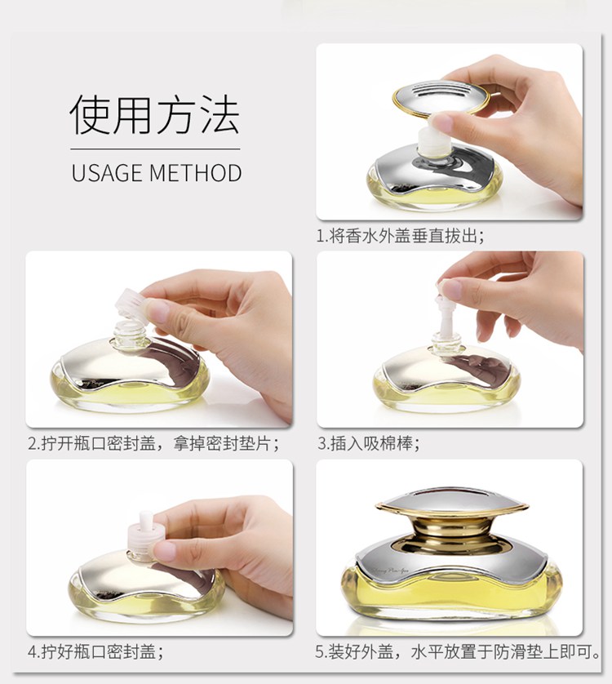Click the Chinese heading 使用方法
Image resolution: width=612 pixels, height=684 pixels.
coord(154,114)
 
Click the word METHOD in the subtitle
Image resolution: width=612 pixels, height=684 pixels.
coord(195,172)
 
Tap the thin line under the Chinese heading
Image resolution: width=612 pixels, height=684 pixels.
coord(155,149)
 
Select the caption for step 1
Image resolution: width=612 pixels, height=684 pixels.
coord(400,236)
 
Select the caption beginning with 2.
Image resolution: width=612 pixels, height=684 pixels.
coord(153,444)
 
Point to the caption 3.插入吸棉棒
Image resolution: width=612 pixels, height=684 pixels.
coord(368,444)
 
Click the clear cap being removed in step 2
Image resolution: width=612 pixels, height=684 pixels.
coord(130,301)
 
